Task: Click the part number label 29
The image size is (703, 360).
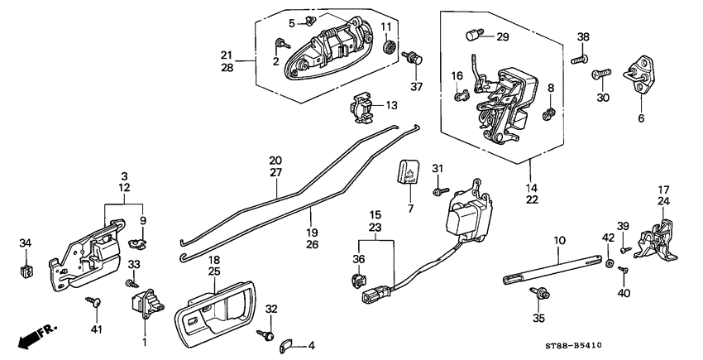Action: pyautogui.click(x=503, y=37)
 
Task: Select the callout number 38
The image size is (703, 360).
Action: pyautogui.click(x=583, y=37)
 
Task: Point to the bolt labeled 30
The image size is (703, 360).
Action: pyautogui.click(x=598, y=75)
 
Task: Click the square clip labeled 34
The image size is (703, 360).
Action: pyautogui.click(x=26, y=270)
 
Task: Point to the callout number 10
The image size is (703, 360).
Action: pyautogui.click(x=560, y=240)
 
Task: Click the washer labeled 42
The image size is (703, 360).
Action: pyautogui.click(x=610, y=263)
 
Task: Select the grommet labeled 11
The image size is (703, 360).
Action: pyautogui.click(x=387, y=46)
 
